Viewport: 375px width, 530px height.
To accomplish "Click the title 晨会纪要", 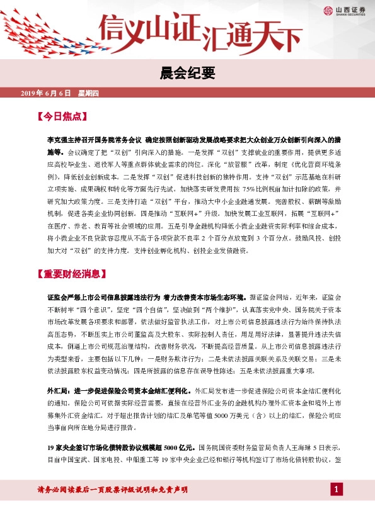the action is click(x=187, y=74).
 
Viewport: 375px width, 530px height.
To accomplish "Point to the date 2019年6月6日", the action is click(x=47, y=94).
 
